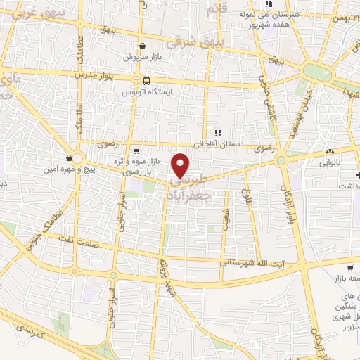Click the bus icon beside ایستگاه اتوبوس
tap(147, 80)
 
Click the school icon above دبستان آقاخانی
tap(218, 132)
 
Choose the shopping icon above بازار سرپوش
tap(143, 46)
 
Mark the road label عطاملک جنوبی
tap(33, 233)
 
